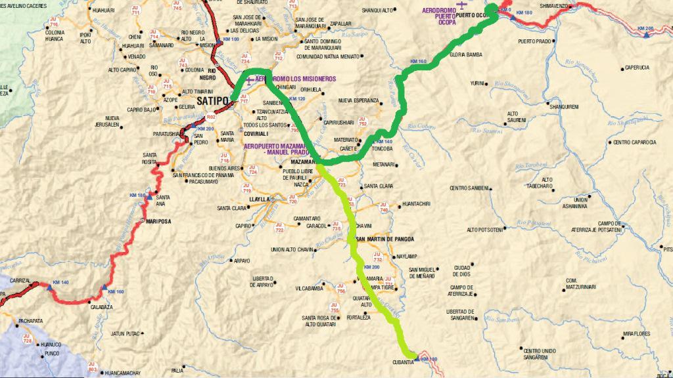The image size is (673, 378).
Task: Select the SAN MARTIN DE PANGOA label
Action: point(387,239)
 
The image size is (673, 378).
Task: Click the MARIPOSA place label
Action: point(157,222)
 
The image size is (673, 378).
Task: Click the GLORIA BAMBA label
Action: point(466,73)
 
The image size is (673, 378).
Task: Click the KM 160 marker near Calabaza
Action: point(115,291)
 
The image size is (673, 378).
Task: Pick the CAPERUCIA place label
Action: point(637,68)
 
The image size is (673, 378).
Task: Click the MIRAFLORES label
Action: point(637,333)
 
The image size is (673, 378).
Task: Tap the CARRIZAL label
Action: point(20,280)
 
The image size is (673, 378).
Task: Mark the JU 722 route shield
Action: point(279,228)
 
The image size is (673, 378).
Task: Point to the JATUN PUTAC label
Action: point(127,333)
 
